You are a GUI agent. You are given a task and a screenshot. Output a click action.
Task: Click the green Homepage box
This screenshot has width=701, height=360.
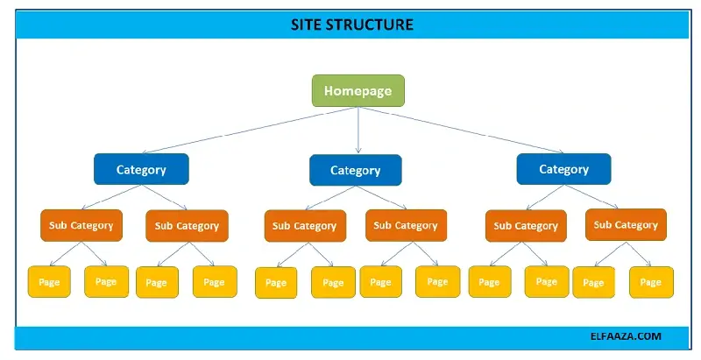point(358,91)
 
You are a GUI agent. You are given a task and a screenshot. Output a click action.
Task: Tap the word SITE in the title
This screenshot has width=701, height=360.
point(308,25)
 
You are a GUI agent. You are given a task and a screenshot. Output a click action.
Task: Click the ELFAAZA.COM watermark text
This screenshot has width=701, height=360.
point(626,335)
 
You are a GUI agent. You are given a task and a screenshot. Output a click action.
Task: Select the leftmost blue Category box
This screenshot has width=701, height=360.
point(141,169)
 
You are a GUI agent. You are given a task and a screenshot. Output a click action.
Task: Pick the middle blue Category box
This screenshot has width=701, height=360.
point(355,170)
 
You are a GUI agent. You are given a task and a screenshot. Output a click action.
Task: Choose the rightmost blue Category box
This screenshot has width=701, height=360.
point(563,169)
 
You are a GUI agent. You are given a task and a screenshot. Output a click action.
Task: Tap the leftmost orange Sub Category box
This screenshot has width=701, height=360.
point(81,225)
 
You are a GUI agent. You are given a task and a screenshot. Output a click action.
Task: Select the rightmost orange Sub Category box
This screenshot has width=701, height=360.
point(626,225)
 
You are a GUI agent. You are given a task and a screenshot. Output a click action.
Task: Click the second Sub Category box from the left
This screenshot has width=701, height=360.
point(187,225)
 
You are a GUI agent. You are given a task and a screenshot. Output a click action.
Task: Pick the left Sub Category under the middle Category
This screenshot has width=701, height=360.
point(305,226)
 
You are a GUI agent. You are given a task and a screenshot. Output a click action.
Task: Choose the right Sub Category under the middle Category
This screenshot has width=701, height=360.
point(404,226)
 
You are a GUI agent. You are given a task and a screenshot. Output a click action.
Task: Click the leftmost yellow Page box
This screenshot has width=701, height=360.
point(51,281)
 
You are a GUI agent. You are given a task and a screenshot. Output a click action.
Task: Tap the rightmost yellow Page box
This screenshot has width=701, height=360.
point(651,282)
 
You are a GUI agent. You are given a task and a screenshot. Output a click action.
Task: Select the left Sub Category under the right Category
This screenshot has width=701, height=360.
point(526,226)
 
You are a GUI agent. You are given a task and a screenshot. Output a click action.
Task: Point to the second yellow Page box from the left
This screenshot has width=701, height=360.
point(106,281)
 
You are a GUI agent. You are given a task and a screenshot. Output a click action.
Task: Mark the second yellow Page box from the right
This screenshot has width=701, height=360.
point(594,282)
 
